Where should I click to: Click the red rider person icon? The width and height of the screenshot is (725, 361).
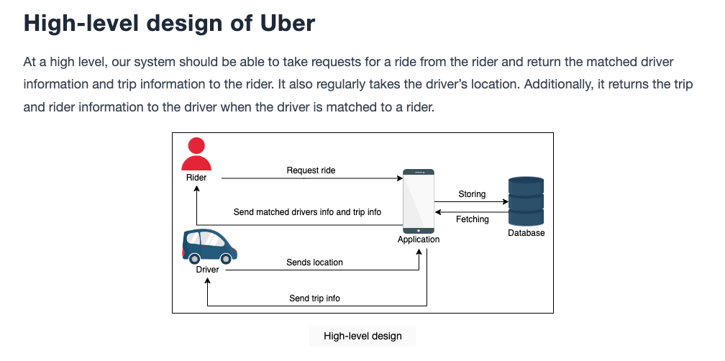point(196,154)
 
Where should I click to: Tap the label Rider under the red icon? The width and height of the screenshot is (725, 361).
point(196,178)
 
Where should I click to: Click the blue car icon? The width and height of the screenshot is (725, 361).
point(209,247)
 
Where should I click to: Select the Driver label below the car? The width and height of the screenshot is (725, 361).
point(207,269)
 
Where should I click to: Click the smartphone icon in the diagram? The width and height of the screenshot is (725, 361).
point(419,201)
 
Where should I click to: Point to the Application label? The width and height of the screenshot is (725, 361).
point(419,239)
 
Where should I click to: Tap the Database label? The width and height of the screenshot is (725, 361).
point(526,233)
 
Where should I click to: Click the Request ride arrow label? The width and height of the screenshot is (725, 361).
point(311,170)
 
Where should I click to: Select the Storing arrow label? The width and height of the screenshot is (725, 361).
point(472,194)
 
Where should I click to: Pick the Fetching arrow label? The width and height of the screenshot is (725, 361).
point(472,219)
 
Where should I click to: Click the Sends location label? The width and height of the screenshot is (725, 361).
point(314,262)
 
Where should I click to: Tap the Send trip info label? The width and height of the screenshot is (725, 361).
point(314,298)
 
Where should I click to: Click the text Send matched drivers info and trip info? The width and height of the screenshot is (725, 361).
point(307,212)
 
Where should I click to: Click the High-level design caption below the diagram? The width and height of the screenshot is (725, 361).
point(362,336)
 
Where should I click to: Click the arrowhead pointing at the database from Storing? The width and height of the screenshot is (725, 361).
point(506,202)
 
